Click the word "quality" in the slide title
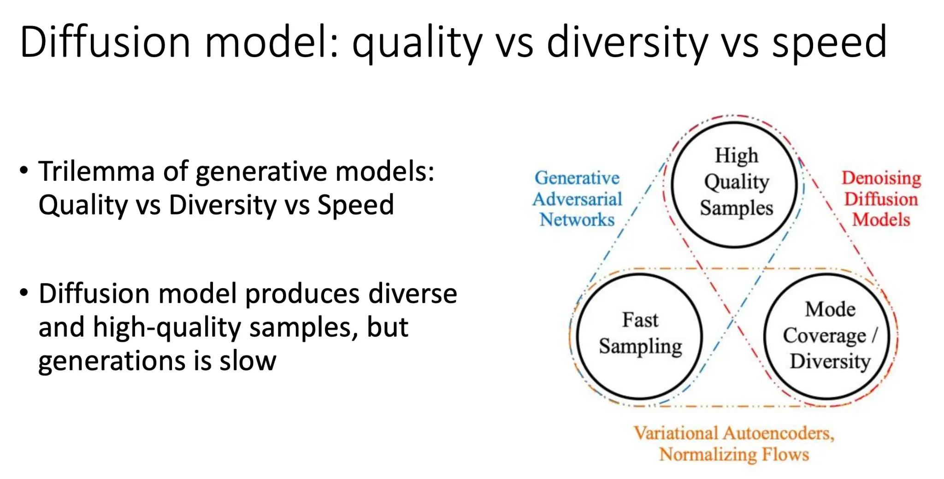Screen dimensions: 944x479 pos(417,42)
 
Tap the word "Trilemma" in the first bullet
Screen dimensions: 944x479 pos(97,171)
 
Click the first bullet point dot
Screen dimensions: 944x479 pos(24,171)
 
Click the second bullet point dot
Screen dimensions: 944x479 pos(24,293)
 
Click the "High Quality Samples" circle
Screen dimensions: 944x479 pos(673,185)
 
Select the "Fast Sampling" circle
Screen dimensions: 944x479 pos(577,336)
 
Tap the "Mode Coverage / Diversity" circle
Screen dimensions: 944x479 pos(765,336)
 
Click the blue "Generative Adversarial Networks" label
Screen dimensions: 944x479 pos(577,199)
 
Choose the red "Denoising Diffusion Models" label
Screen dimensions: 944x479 pos(881,199)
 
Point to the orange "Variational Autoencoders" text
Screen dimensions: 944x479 pos(734,433)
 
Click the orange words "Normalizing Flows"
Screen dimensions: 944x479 pos(734,455)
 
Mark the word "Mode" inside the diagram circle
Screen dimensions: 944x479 pos(830,309)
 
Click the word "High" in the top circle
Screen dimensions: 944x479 pos(736,156)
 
